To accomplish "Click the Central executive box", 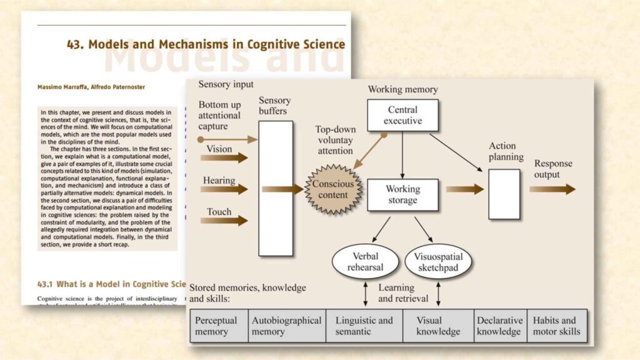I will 402,115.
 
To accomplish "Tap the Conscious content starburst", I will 332,190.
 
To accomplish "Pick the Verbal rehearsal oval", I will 365,262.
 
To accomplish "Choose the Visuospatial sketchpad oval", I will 437,262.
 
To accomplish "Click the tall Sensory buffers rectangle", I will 276,188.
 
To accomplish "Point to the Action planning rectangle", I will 504,194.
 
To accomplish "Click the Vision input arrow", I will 224,157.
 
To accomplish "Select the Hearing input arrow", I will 224,189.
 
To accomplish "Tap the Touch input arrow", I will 224,220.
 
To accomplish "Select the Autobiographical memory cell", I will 286,326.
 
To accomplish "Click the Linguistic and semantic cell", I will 364,326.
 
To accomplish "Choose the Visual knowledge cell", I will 438,326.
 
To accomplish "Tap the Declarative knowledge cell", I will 500,326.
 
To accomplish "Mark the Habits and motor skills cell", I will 556,326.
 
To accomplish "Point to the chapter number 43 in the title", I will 77,44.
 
